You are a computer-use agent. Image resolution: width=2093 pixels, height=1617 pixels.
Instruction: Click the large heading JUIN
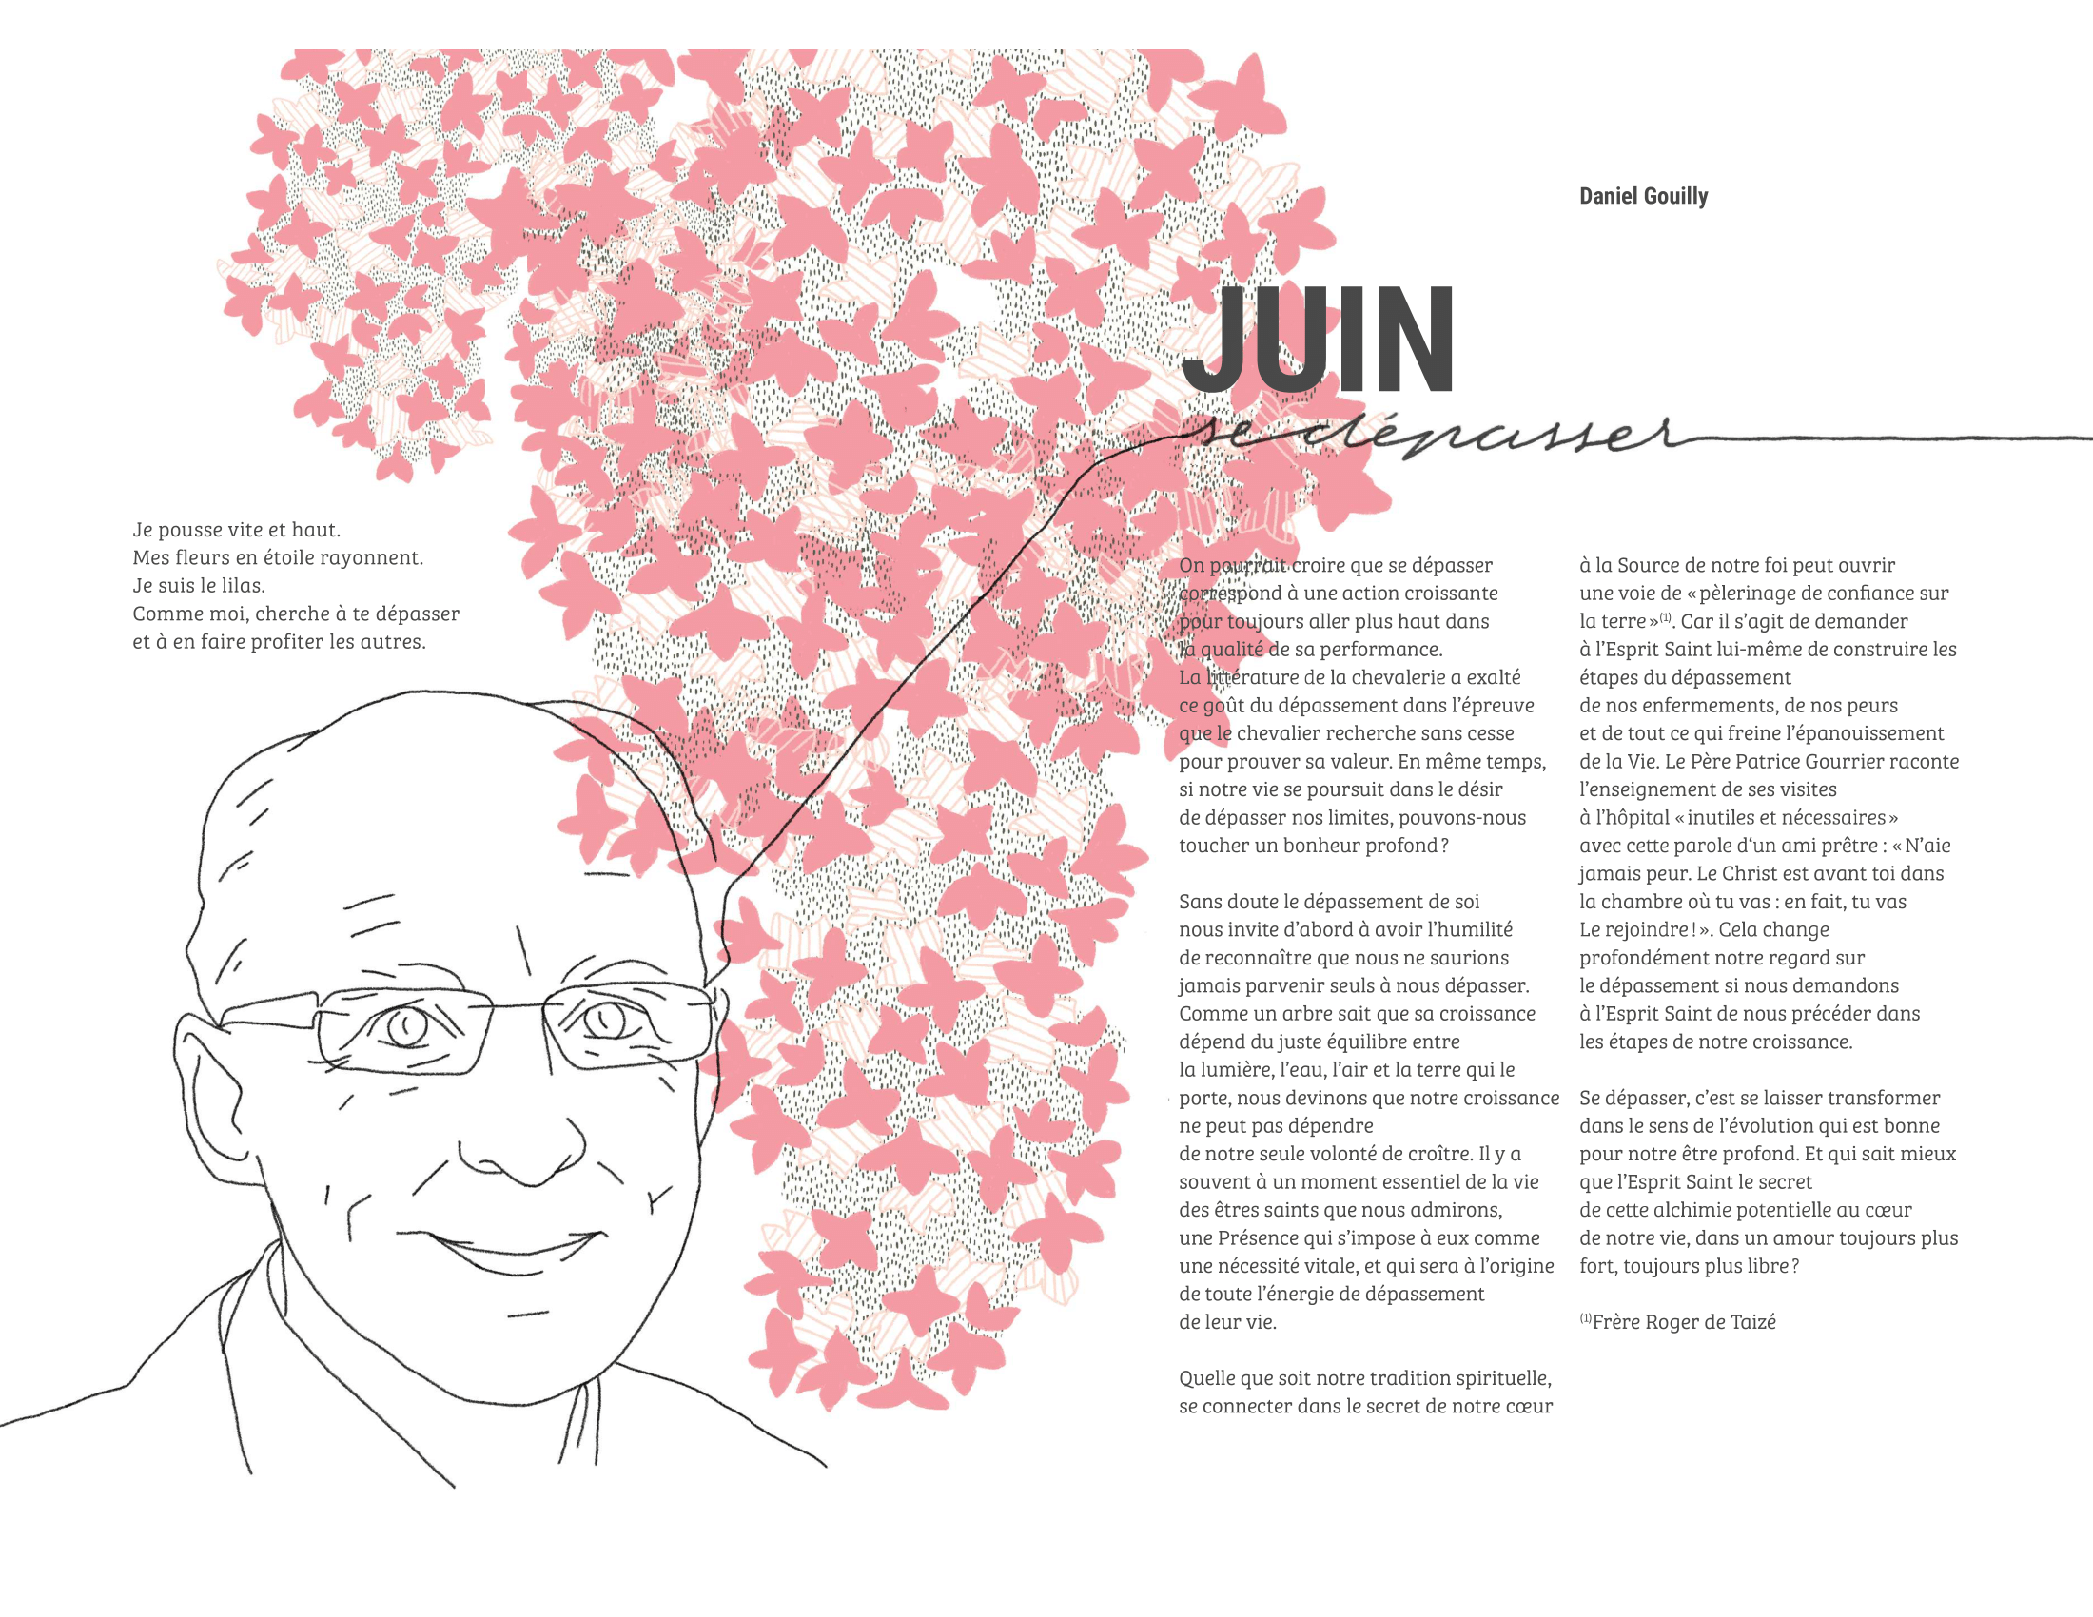(x=1318, y=341)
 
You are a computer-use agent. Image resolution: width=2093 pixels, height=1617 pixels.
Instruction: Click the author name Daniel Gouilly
(x=1643, y=196)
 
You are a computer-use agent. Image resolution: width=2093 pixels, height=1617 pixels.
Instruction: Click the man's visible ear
(x=216, y=1092)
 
